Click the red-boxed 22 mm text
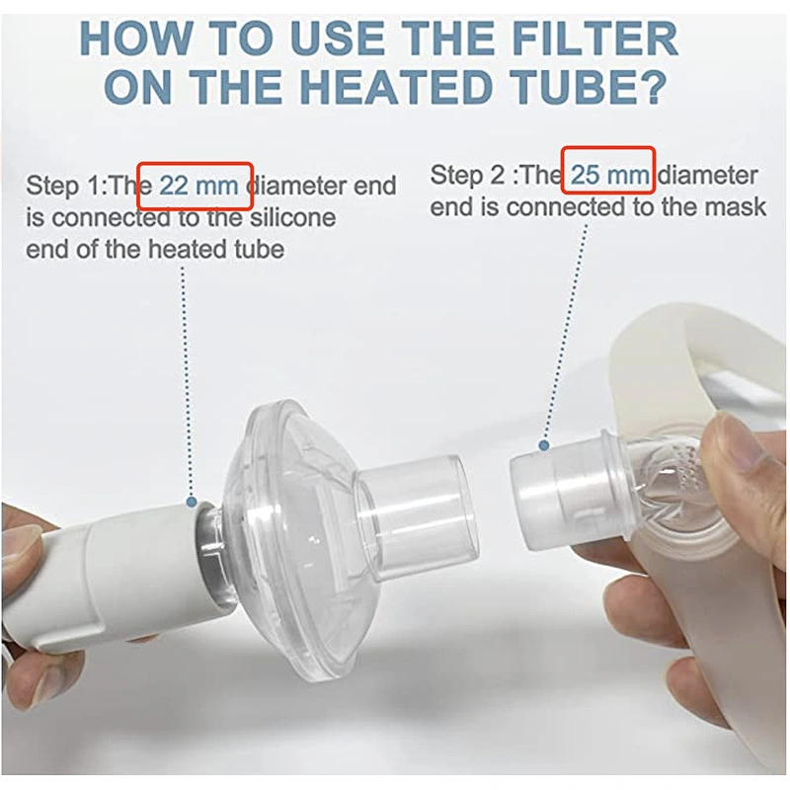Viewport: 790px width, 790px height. coord(196,185)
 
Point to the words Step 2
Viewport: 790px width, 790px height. coord(471,176)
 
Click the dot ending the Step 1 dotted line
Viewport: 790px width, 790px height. coord(191,502)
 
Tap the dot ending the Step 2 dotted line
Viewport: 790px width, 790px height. coord(542,447)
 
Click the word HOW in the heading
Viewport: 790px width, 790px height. coord(128,39)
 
